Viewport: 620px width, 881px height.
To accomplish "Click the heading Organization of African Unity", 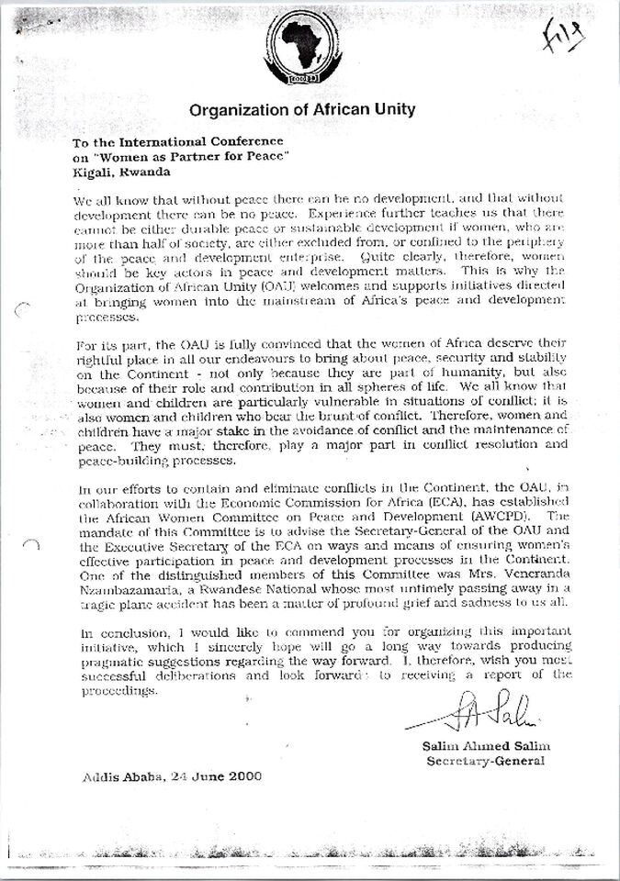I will pyautogui.click(x=302, y=110).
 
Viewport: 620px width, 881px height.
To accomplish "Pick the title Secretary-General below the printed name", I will pyautogui.click(x=485, y=761).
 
